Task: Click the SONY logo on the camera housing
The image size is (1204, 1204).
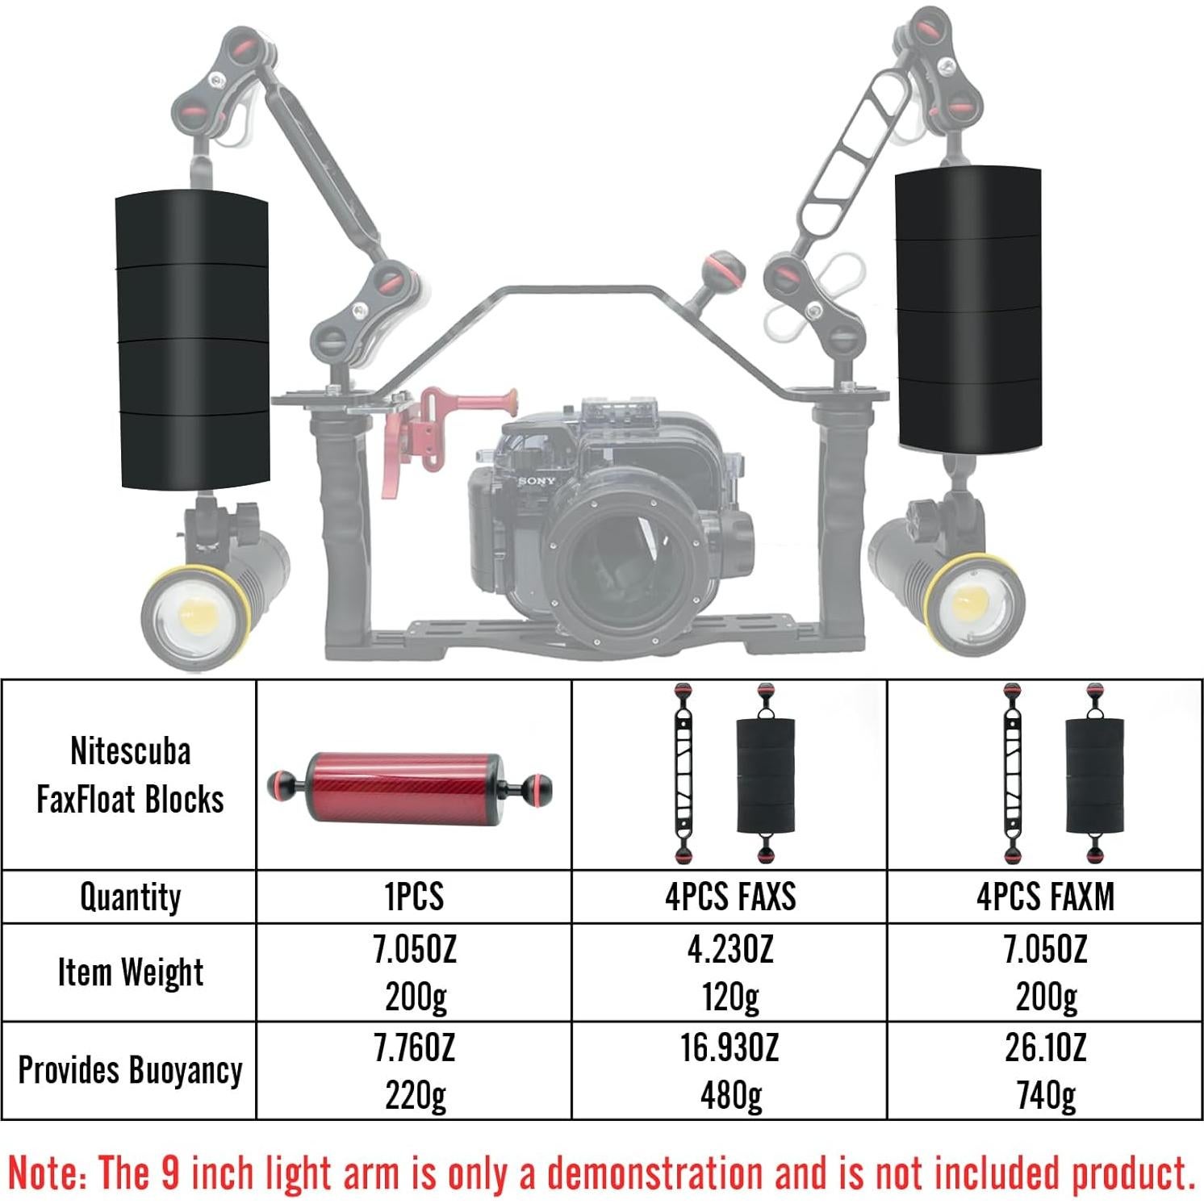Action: coord(537,481)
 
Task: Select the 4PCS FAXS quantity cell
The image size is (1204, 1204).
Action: coord(730,897)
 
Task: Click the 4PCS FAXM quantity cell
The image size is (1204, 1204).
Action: coord(1045,897)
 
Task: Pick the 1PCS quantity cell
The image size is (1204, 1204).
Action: coord(414,897)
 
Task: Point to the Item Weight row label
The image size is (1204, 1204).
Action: coord(131,972)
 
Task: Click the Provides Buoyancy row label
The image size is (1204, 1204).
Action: coord(130,1071)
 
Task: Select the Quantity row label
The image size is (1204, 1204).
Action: coord(131,897)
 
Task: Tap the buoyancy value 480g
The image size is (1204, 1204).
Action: coord(730,1096)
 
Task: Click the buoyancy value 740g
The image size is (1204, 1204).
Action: coord(1045,1096)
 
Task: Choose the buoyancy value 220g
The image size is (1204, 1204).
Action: coord(415,1096)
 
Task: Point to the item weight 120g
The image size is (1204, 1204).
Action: coord(730,997)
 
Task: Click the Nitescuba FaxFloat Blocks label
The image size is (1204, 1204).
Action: coord(131,775)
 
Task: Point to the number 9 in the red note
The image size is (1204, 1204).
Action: coord(170,1172)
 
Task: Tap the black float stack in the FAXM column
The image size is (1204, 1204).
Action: coord(1094,776)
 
